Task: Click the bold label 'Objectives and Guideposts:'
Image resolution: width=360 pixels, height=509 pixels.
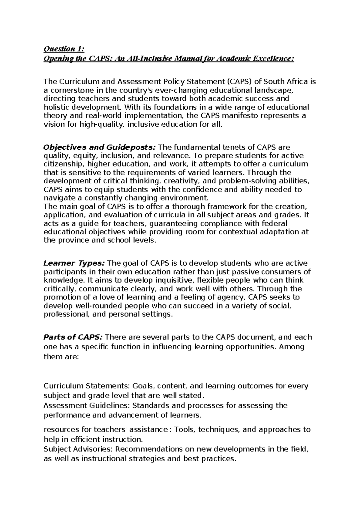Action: (x=100, y=147)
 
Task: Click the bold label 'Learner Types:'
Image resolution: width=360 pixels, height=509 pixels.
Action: (x=74, y=264)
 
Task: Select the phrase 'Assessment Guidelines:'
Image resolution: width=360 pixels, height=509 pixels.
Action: (x=87, y=406)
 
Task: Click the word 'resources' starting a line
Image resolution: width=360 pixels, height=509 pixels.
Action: (x=59, y=430)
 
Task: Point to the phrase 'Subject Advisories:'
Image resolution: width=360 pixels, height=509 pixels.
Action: (x=78, y=449)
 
